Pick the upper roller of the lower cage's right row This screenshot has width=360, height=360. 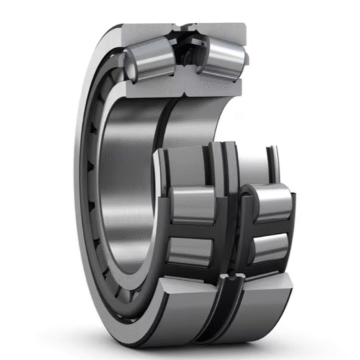click(x=271, y=200)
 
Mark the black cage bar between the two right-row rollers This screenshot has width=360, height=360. click(x=270, y=225)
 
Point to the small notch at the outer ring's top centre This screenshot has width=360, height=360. click(x=185, y=28)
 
